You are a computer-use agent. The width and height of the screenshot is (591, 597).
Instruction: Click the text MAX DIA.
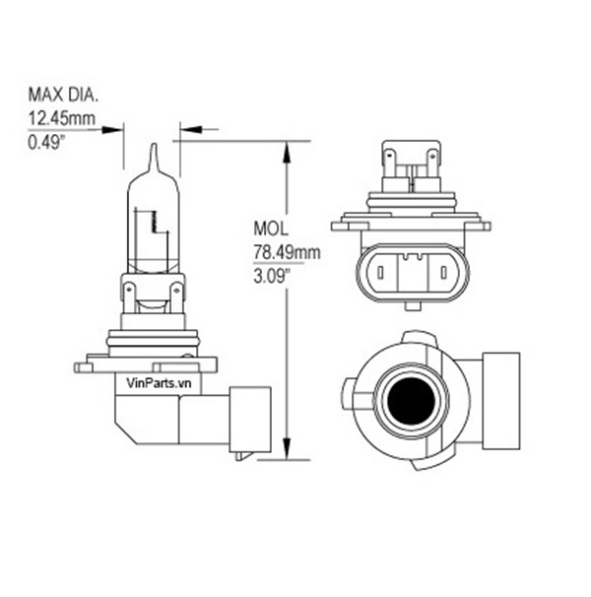click(63, 95)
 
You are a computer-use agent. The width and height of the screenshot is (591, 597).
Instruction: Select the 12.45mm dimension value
click(62, 118)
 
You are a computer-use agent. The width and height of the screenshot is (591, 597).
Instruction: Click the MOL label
click(271, 229)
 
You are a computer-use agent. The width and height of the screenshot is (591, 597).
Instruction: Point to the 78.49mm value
click(287, 252)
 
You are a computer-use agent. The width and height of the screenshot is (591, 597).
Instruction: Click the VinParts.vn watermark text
click(159, 383)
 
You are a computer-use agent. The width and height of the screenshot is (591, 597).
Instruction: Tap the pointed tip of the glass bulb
click(154, 144)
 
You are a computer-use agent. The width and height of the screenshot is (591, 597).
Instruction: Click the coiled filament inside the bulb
click(155, 222)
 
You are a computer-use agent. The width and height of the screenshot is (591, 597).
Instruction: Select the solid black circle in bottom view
click(411, 401)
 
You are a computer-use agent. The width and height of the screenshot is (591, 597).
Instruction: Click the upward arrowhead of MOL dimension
click(287, 152)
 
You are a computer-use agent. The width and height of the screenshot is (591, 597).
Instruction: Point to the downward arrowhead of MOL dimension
click(287, 449)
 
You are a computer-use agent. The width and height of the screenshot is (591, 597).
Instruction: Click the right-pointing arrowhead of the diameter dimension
click(112, 129)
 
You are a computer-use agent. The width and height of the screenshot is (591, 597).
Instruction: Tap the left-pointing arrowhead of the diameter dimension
click(191, 129)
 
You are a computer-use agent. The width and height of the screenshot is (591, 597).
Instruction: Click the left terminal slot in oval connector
click(379, 273)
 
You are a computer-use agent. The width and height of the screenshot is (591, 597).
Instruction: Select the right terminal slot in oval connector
click(443, 273)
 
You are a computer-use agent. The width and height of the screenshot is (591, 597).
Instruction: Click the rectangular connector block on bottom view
click(501, 401)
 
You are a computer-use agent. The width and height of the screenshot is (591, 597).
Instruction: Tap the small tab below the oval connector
click(413, 306)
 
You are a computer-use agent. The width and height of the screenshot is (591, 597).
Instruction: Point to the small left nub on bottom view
click(347, 394)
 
